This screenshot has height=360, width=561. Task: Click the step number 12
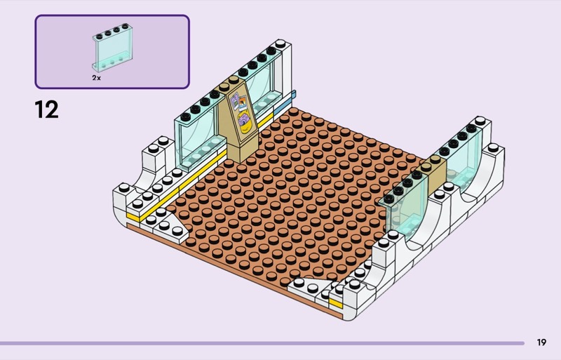46,109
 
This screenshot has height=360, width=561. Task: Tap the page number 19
541,342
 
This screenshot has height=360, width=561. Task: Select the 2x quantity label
96,78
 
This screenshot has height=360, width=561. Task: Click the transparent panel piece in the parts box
113,48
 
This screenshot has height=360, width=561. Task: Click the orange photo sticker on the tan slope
243,102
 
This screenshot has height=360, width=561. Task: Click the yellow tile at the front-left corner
133,216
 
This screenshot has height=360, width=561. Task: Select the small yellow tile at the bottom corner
336,303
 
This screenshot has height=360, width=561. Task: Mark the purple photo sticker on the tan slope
234,102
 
